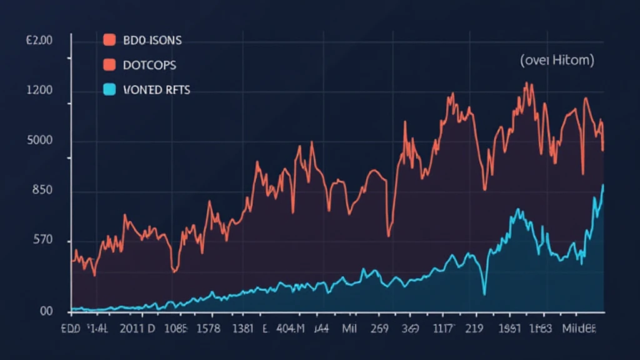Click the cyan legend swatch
coord(109,90)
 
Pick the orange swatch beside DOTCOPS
coord(109,65)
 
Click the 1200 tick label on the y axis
coord(39,91)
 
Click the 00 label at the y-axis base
coord(46,311)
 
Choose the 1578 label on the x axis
coord(209,328)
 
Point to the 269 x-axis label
coord(381,328)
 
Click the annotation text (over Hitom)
coord(557,61)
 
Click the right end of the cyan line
coord(603,185)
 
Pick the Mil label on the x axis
coord(349,328)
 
